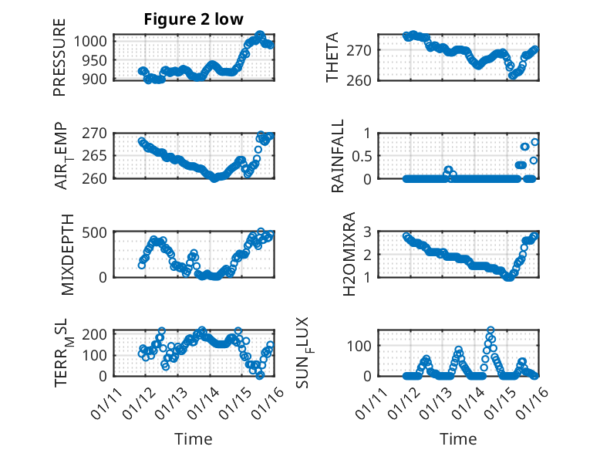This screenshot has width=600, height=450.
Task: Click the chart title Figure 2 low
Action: [x=194, y=20]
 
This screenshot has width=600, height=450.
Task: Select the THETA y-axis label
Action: [x=333, y=58]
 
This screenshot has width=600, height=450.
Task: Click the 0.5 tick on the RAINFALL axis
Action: [x=362, y=155]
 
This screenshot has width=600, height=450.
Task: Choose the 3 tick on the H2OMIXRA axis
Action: [x=368, y=232]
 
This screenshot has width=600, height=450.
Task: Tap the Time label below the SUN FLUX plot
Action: [x=458, y=438]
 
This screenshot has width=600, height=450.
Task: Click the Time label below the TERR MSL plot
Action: [x=193, y=438]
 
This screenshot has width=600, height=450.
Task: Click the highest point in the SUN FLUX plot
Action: [x=490, y=330]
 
